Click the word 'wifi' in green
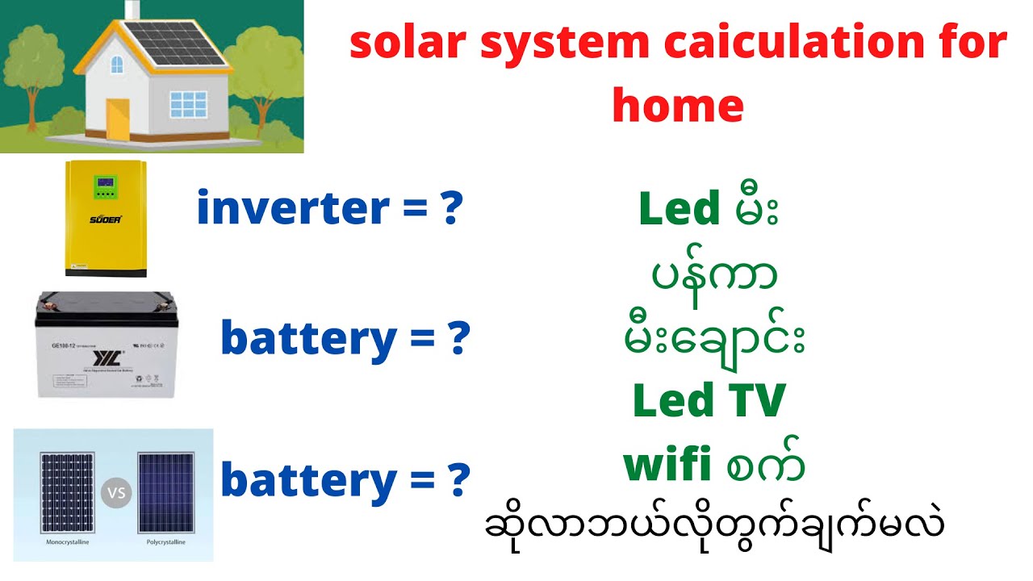pyautogui.click(x=666, y=466)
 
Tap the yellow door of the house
pyautogui.click(x=118, y=117)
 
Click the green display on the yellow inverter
pyautogui.click(x=106, y=186)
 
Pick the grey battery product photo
pyautogui.click(x=107, y=345)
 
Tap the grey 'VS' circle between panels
pyautogui.click(x=115, y=492)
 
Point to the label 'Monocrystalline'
pyautogui.click(x=65, y=542)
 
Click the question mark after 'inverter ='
pyautogui.click(x=452, y=208)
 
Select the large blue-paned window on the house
pyautogui.click(x=187, y=106)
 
